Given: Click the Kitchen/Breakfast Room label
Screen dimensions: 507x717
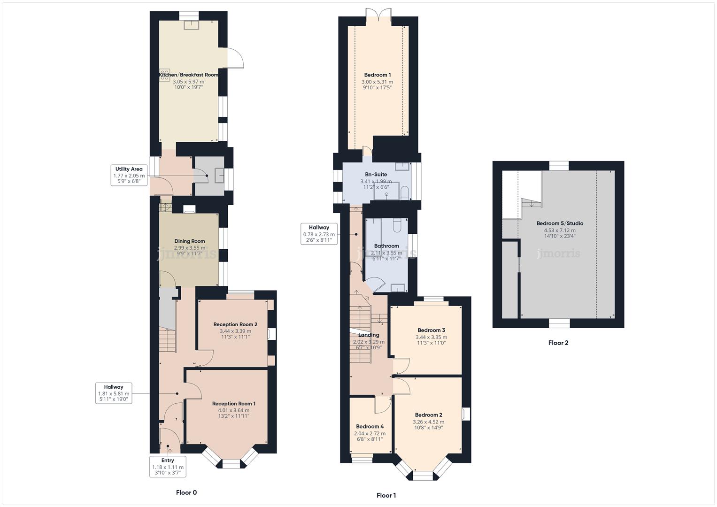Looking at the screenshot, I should click(188, 75).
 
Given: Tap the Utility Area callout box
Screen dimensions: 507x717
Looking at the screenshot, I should click(129, 175).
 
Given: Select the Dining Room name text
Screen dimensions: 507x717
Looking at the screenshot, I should click(189, 241).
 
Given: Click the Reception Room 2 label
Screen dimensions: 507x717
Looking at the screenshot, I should click(235, 324).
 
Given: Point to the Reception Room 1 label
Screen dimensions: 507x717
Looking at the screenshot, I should click(233, 404).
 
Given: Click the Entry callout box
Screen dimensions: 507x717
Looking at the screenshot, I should click(168, 467).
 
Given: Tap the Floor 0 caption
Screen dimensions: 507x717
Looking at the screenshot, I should click(186, 492).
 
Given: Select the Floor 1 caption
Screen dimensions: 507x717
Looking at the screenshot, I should click(386, 495).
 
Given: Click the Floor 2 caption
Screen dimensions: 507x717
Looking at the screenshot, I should click(558, 343).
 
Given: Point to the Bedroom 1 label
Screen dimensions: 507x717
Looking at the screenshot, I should click(377, 75).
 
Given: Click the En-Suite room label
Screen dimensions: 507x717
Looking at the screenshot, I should click(376, 175).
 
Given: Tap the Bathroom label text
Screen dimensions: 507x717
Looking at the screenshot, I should click(386, 246).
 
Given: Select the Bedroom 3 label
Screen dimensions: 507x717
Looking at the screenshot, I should click(431, 330).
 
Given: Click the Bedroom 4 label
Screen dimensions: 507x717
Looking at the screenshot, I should click(370, 427).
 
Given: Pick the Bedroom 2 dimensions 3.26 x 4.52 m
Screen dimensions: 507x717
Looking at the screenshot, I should click(428, 422).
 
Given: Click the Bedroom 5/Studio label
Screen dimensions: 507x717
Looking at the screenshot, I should click(560, 223).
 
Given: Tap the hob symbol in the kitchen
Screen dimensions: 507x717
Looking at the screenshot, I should click(164, 75).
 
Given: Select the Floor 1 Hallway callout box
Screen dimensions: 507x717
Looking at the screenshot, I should click(319, 233).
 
